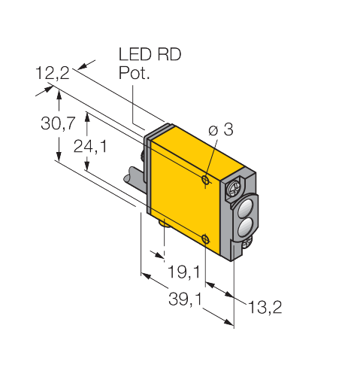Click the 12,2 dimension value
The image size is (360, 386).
click(x=53, y=73)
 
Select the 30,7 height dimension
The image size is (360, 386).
click(x=58, y=123)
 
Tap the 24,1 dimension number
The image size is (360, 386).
click(x=90, y=146)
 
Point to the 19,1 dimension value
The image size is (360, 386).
click(x=184, y=272)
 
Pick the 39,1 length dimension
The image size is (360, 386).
click(x=185, y=299)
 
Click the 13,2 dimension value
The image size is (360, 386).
click(x=265, y=307)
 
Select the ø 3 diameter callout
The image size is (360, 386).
click(x=220, y=129)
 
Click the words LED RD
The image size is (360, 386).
click(x=150, y=54)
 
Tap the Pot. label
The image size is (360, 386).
click(x=135, y=73)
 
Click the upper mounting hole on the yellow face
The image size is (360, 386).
click(x=206, y=179)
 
